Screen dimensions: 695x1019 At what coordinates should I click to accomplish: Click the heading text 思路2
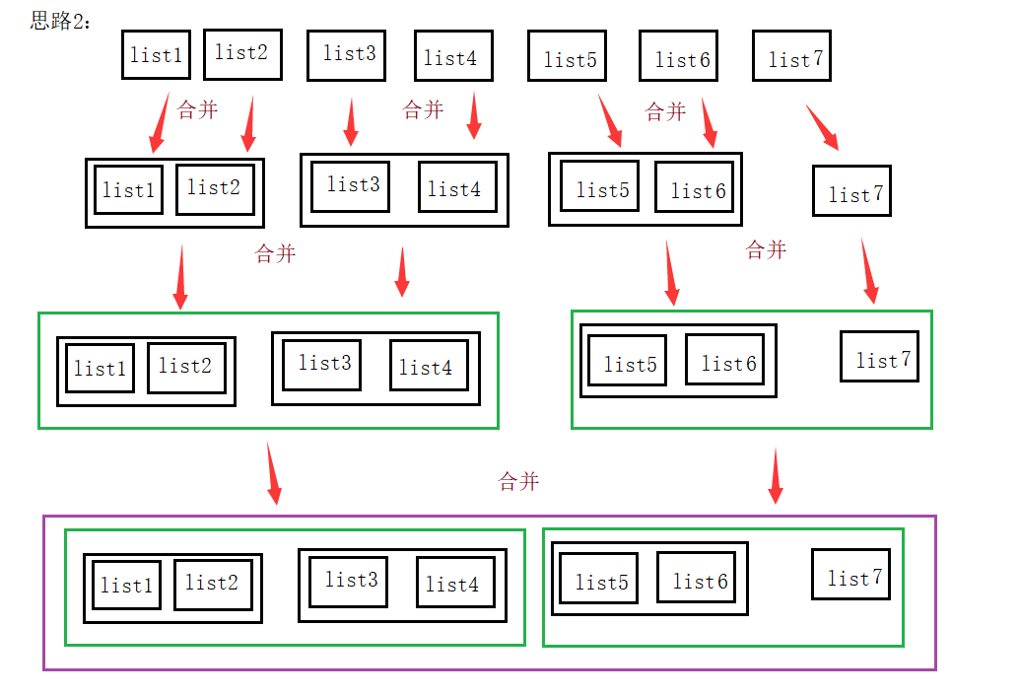pos(60,21)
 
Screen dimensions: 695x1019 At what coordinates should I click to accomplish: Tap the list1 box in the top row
pos(156,54)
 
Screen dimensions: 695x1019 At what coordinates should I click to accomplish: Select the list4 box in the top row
pos(452,56)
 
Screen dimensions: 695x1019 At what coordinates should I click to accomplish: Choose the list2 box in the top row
pos(242,53)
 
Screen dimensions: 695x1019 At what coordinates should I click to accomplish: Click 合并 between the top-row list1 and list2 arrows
pos(198,109)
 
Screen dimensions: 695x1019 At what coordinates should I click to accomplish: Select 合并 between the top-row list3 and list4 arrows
pos(424,109)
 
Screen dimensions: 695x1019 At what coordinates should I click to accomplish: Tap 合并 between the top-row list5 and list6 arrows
pos(665,111)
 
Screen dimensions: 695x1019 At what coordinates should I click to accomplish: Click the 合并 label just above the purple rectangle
pos(519,481)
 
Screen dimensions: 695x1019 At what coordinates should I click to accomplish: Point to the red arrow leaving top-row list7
pos(823,127)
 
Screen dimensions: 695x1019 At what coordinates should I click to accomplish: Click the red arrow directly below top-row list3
pos(350,122)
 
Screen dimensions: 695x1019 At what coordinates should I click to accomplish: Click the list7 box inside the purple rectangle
pos(850,574)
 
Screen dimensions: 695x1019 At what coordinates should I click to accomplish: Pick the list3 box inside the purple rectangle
pos(348,582)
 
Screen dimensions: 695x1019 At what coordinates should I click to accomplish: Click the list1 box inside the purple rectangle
pos(127,585)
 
